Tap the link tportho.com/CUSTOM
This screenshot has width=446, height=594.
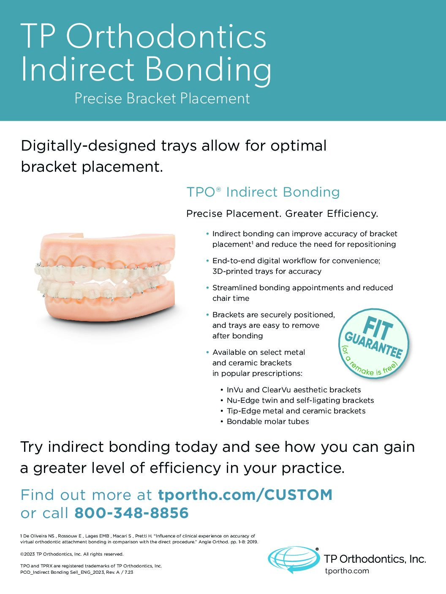tap(245, 495)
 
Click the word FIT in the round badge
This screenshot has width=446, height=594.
tap(378, 329)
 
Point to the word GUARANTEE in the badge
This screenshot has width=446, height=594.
tap(373, 345)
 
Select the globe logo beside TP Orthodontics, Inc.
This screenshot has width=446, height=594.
tap(294, 559)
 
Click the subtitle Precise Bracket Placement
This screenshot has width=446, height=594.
tap(162, 98)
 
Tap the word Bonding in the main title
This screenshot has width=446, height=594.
tap(208, 69)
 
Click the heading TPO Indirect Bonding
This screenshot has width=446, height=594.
tap(263, 192)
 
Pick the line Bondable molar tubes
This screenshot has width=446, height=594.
tap(267, 421)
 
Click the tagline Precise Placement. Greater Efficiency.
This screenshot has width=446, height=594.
tap(282, 214)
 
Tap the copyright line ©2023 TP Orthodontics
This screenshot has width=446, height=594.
tap(72, 554)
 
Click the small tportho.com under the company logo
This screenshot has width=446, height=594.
tap(347, 571)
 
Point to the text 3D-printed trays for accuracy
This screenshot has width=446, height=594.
tap(267, 271)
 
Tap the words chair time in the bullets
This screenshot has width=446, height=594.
tap(231, 298)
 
